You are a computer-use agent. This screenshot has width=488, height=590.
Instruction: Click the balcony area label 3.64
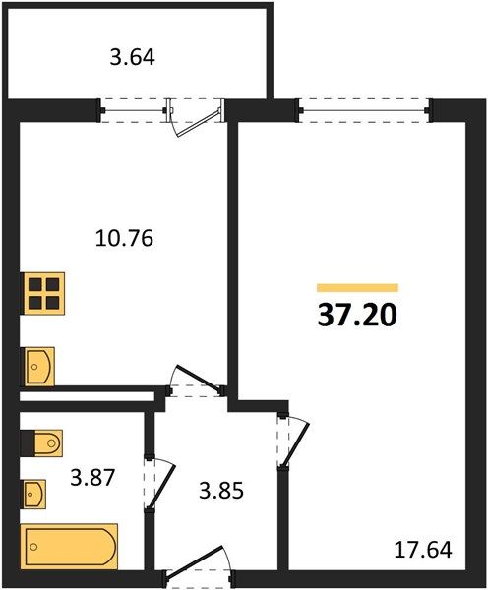(x=133, y=58)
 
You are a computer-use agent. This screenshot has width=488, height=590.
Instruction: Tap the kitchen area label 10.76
(x=125, y=238)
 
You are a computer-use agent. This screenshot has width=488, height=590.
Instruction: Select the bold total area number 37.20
(x=357, y=315)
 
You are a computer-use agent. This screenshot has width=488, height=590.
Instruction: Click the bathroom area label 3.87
(x=92, y=478)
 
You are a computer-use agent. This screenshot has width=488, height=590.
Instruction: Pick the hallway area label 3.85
(x=221, y=491)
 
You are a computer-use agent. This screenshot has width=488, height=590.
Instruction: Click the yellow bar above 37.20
(x=358, y=288)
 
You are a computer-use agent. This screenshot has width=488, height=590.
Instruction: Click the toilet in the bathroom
(x=42, y=443)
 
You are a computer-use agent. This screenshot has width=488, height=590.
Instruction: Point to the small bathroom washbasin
(x=34, y=495)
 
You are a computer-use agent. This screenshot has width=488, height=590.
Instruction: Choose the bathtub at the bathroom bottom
(x=69, y=546)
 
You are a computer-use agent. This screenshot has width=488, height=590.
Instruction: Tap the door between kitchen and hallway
(x=196, y=380)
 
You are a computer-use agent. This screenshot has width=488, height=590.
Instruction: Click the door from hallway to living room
(x=294, y=442)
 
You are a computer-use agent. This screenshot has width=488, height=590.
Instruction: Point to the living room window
(x=364, y=110)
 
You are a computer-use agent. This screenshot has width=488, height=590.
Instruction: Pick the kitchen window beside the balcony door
(x=133, y=110)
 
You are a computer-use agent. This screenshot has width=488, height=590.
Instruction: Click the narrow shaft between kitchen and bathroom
(x=87, y=396)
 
